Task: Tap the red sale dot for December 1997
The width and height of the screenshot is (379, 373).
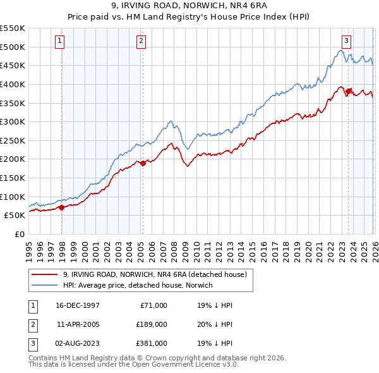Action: [x=61, y=207]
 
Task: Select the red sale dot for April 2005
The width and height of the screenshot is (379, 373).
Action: [x=143, y=163]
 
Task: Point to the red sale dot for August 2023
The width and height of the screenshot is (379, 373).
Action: [x=348, y=91]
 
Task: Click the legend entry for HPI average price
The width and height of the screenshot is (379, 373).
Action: [x=138, y=285]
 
